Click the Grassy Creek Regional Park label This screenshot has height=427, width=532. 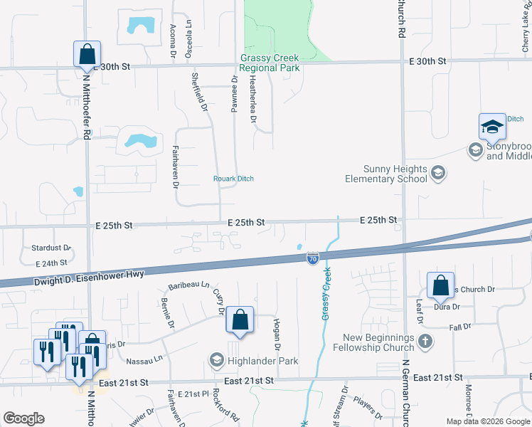click(x=270, y=63)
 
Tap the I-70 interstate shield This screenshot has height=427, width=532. click(x=312, y=259)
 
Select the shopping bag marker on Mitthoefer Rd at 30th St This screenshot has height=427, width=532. click(x=86, y=54)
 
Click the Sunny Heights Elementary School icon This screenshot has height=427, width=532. click(x=438, y=173)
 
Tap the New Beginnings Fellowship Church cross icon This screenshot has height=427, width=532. click(x=425, y=342)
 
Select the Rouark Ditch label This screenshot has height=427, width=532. click(x=234, y=179)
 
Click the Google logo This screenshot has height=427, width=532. click(x=23, y=418)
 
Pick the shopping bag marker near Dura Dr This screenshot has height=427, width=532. click(x=441, y=285)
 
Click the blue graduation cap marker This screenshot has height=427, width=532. click(x=491, y=127)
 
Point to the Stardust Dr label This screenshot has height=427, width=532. click(x=50, y=248)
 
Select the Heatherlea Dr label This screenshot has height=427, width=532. click(x=252, y=100)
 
